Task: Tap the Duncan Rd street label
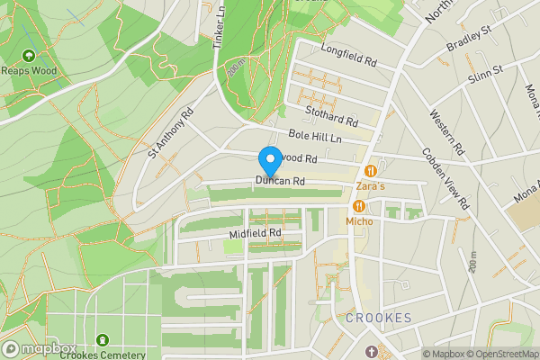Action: [x=279, y=182]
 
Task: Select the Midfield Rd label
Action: [x=256, y=233]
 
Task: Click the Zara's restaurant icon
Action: [x=370, y=171]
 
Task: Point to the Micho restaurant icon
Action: [x=359, y=206]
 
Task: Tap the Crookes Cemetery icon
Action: [x=101, y=340]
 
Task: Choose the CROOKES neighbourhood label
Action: [x=379, y=319]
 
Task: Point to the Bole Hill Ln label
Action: [x=315, y=137]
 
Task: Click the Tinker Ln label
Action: [x=218, y=25]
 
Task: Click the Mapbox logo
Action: [x=40, y=349]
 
